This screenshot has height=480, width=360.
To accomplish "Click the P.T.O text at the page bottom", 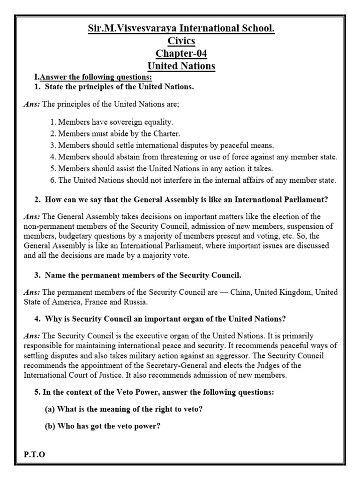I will (34, 455).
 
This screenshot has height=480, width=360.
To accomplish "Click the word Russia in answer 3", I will (136, 301).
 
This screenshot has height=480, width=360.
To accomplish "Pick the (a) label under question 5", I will (50, 409).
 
